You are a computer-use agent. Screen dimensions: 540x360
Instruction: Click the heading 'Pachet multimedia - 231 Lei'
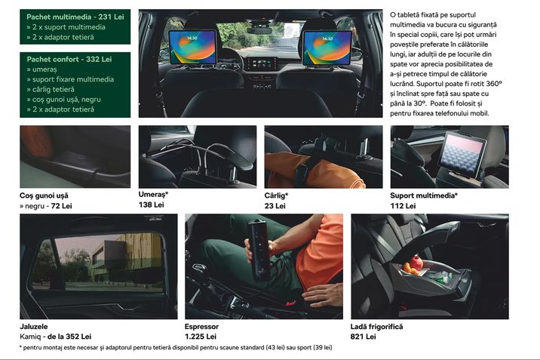click(75, 17)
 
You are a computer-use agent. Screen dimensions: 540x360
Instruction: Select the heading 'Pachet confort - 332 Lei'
click(69, 60)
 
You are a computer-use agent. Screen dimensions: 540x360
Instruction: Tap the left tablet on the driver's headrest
click(192, 48)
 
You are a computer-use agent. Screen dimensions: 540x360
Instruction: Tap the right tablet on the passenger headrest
click(327, 48)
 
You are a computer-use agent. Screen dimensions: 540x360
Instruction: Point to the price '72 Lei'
click(61, 206)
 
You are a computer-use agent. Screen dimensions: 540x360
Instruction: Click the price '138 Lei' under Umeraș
click(151, 205)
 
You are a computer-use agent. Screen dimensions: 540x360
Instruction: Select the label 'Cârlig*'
click(276, 195)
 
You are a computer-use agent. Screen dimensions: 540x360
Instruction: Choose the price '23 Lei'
click(275, 206)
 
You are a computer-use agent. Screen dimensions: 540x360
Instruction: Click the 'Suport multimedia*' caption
click(424, 195)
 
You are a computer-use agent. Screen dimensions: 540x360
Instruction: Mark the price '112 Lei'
click(403, 206)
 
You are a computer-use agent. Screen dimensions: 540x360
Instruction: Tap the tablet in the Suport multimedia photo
click(462, 155)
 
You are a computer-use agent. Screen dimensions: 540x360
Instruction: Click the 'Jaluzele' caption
click(34, 326)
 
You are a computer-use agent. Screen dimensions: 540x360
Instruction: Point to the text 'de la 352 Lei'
click(69, 337)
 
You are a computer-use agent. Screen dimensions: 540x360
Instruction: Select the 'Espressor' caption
click(201, 327)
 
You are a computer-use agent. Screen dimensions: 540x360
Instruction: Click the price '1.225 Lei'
click(201, 337)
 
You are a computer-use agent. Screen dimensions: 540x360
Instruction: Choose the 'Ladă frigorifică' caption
click(376, 327)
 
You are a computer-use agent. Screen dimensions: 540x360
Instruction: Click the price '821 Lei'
click(363, 337)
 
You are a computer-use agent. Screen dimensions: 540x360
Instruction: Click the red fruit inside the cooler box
click(417, 263)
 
